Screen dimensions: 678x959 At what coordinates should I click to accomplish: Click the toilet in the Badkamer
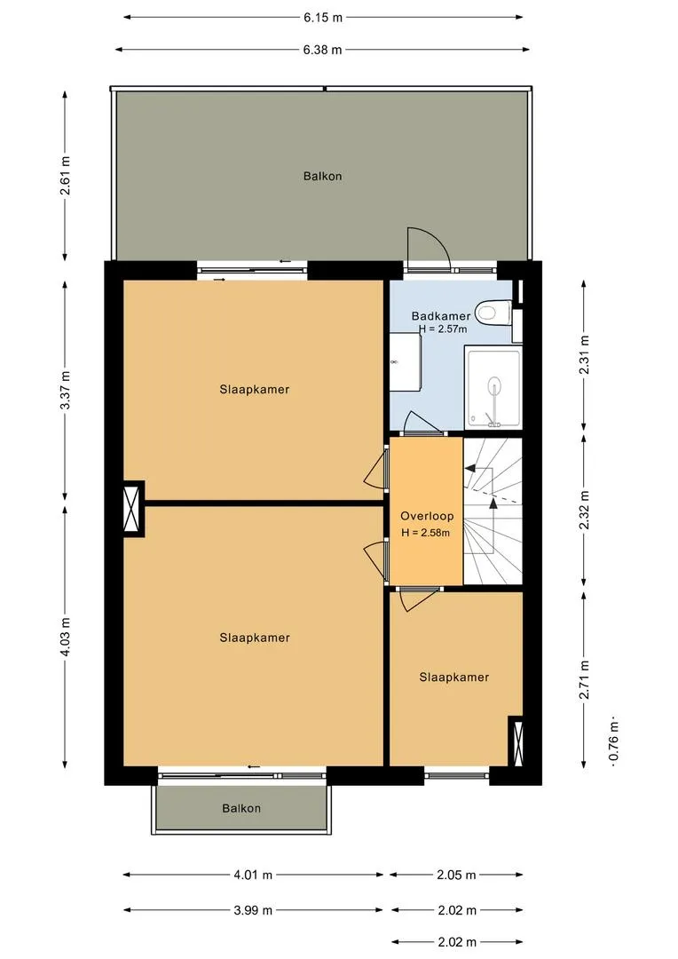494,312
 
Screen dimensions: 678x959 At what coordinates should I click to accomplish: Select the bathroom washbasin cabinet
406,361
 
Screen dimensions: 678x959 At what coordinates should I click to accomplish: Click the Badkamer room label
441,316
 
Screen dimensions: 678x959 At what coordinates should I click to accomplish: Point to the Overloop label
427,516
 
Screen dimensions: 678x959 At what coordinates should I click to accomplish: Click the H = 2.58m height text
425,533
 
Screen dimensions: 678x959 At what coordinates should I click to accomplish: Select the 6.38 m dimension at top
322,50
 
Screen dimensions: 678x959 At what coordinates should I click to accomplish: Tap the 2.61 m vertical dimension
66,176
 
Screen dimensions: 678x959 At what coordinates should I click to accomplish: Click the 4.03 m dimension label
66,637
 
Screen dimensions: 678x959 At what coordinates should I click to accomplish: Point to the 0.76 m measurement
614,741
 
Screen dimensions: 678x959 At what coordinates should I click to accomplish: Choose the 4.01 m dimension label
253,875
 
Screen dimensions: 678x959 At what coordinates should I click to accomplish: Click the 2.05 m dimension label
456,875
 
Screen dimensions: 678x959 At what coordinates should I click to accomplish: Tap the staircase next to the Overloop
493,511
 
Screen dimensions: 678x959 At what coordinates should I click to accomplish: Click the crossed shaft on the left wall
132,509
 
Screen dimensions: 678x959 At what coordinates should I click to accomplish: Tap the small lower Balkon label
241,808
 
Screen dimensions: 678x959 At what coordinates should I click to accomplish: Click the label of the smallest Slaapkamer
454,677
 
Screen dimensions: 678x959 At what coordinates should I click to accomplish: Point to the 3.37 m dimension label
66,390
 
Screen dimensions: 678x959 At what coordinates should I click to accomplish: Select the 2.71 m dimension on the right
585,679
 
